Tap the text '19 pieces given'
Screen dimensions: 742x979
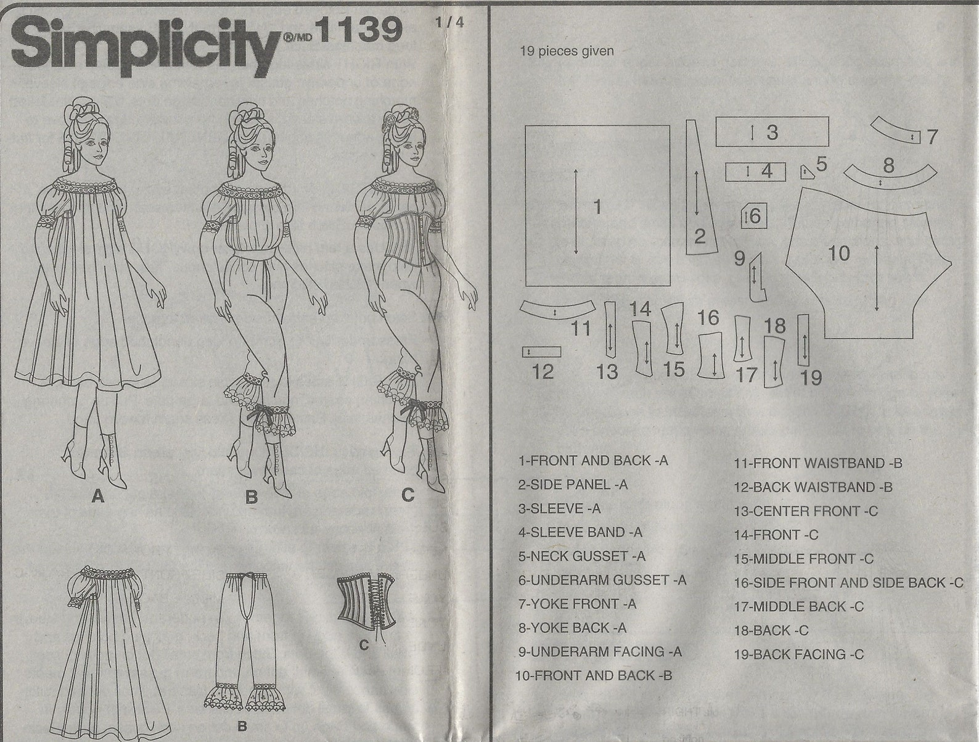tap(567, 51)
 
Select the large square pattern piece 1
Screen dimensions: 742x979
tap(597, 205)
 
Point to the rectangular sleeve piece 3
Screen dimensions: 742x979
tap(771, 131)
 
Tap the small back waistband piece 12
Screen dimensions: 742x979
tap(541, 352)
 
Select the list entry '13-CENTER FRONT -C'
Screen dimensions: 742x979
tap(805, 511)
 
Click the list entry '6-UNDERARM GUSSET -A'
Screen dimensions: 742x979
tap(602, 580)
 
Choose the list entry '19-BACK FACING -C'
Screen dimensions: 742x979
tap(798, 654)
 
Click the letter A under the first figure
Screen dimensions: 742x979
tap(97, 495)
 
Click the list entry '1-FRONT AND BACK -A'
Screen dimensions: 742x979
tap(593, 460)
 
